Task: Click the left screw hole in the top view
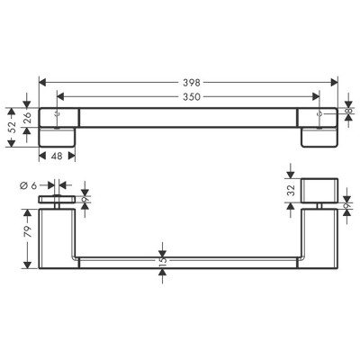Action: pos(58,115)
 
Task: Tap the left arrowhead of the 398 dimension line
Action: pos(41,81)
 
